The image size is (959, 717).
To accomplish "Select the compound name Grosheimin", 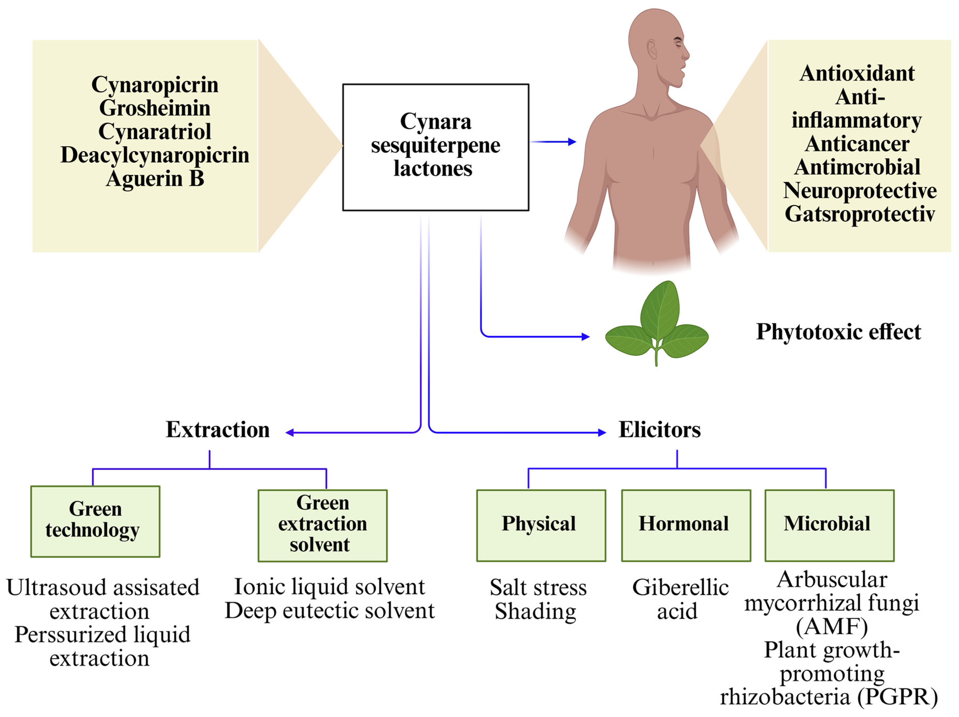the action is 155,108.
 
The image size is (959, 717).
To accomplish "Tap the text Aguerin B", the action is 155,179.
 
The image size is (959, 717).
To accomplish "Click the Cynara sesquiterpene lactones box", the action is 436,147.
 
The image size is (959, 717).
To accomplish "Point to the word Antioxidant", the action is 857,73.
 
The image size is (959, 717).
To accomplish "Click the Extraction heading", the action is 218,430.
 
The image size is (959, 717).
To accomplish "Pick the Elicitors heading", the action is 659,430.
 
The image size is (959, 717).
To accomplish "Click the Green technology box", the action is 95,521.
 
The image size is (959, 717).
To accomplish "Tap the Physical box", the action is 541,525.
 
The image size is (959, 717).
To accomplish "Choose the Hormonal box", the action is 686,525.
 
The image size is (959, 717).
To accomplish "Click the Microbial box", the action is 829,525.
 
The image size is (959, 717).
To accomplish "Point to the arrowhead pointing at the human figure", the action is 572,142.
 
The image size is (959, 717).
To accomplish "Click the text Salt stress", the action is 538,588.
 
